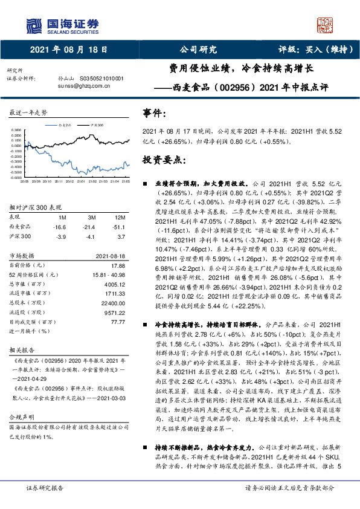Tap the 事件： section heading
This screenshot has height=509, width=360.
tap(155, 113)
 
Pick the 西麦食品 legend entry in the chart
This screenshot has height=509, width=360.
tap(66, 123)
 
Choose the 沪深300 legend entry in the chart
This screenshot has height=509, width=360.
tap(95, 123)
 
